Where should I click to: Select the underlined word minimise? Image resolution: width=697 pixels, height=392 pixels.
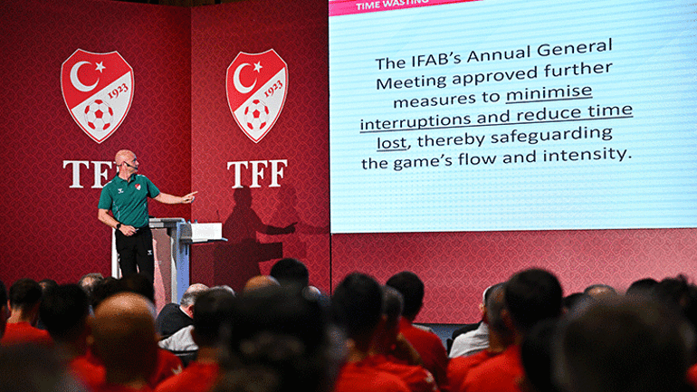point(549,93)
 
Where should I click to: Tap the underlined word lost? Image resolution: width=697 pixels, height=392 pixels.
point(392,143)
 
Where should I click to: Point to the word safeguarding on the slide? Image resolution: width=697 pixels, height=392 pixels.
point(551,135)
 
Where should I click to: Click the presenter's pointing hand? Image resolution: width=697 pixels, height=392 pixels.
point(189,196)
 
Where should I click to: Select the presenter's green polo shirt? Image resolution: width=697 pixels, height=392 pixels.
point(128,200)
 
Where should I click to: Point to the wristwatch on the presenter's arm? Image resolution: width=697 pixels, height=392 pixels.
point(119,225)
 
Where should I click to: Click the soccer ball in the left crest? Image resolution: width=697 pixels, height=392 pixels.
point(99,115)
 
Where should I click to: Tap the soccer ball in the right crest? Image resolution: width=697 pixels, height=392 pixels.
point(255,115)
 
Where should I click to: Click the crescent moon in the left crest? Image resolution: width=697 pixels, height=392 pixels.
point(82,76)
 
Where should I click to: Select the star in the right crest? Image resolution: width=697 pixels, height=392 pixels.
point(257,67)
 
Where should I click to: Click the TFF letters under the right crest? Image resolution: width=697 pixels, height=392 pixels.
point(257,174)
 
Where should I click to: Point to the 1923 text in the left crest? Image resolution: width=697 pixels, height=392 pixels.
point(118,91)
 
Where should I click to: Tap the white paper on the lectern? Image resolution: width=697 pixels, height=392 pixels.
point(205,232)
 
